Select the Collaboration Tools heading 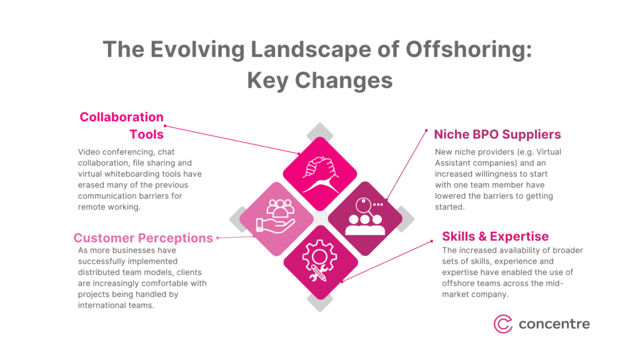pyautogui.click(x=122, y=125)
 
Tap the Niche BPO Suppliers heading pyautogui.click(x=497, y=134)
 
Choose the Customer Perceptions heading pyautogui.click(x=143, y=237)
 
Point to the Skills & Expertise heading pyautogui.click(x=496, y=236)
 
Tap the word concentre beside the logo pyautogui.click(x=554, y=324)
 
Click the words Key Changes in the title pyautogui.click(x=320, y=80)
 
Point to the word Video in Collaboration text pyautogui.click(x=90, y=152)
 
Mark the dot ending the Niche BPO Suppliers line pyautogui.click(x=387, y=199)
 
